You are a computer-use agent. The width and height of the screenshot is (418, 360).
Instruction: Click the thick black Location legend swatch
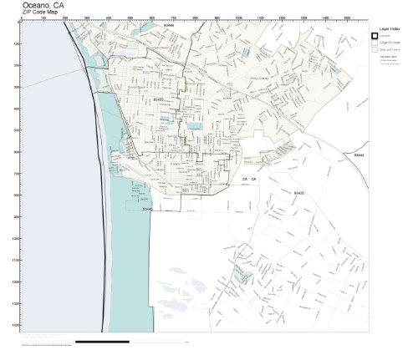(375, 36)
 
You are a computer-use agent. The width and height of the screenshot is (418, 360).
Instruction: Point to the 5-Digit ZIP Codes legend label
(389, 43)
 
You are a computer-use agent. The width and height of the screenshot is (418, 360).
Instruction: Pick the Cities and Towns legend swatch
(375, 49)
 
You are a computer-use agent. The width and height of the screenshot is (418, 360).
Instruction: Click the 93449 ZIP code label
(170, 25)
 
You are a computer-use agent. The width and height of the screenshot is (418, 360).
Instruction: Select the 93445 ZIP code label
(146, 209)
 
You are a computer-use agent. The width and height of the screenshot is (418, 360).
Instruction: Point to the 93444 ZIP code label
(359, 155)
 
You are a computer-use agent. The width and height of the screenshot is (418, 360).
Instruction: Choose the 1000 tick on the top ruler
(238, 18)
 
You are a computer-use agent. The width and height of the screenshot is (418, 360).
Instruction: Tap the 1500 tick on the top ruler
(346, 18)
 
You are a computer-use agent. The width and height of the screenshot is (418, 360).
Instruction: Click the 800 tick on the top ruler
(195, 18)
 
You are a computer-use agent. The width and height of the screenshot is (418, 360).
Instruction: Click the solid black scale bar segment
(102, 342)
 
